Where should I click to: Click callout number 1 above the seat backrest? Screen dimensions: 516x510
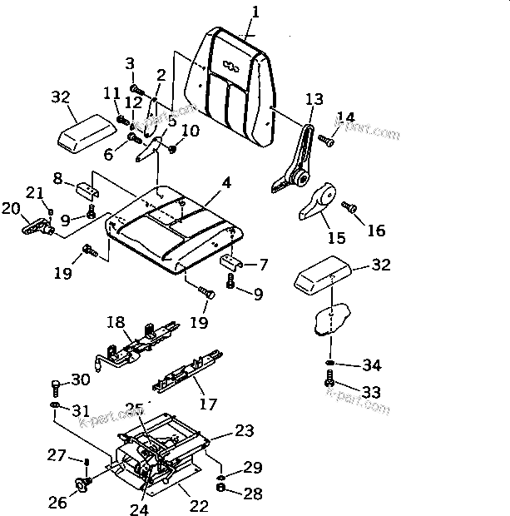click(255, 12)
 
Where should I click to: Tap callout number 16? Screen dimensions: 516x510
click(377, 230)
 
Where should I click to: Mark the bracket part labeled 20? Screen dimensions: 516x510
click(37, 225)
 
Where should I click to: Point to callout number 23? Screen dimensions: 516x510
click(244, 430)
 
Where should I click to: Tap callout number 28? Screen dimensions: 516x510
click(253, 494)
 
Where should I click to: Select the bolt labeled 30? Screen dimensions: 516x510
click(55, 386)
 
